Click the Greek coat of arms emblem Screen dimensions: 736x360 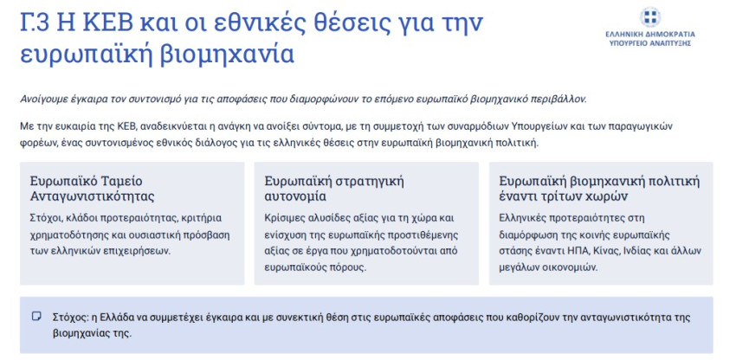point(650,17)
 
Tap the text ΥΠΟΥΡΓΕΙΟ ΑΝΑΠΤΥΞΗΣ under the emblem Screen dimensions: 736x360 point(650,43)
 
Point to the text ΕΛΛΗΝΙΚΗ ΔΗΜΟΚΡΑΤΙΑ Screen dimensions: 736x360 point(650,35)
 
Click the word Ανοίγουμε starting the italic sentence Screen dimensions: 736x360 point(41,99)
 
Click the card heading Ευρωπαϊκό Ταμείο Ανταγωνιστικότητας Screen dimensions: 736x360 point(93,189)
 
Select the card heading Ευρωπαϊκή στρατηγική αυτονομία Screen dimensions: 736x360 point(334,189)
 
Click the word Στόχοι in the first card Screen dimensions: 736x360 point(43,218)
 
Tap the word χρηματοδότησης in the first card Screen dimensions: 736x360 point(64,235)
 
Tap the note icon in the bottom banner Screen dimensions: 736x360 point(36,317)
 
